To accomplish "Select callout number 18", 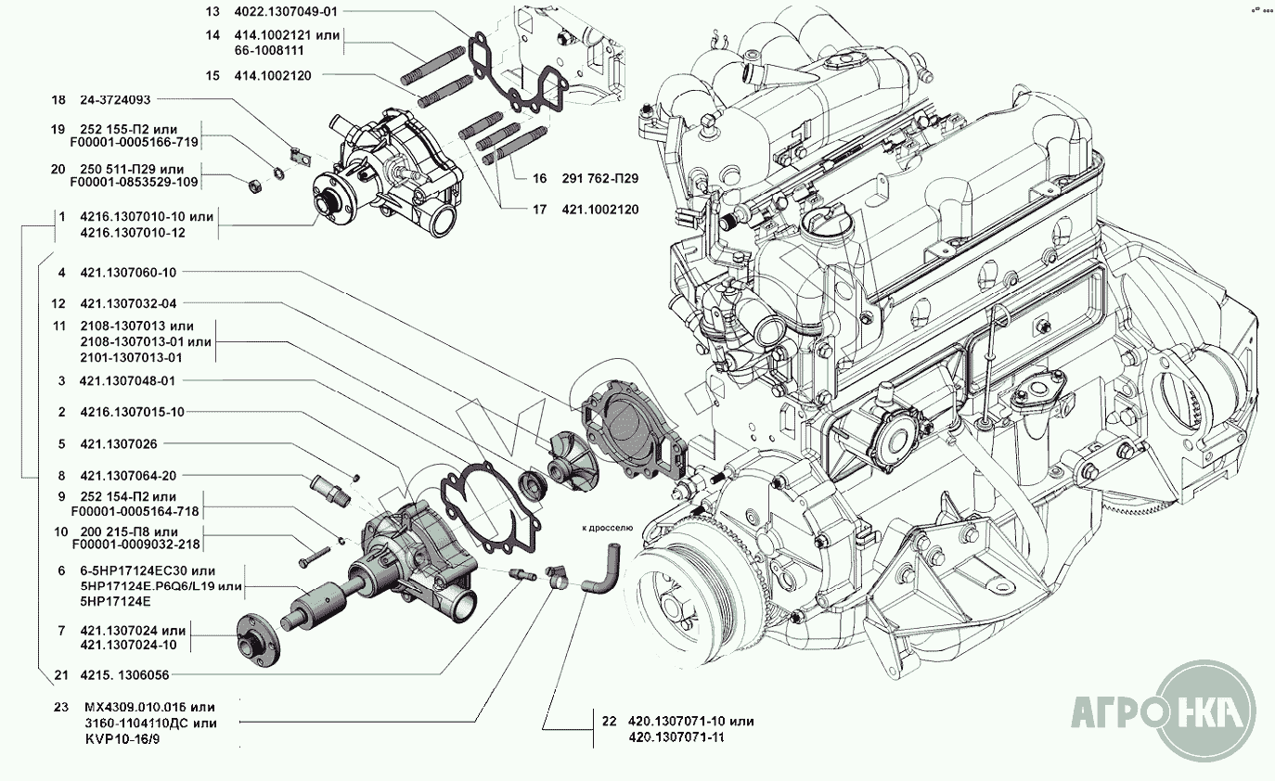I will (59, 98).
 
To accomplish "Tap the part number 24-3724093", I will (115, 98).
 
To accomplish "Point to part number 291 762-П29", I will (600, 177).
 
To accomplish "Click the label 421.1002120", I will (600, 210).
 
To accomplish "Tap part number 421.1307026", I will (118, 443).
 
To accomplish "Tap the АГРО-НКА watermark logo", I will (1164, 711).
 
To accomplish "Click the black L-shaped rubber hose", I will (603, 569).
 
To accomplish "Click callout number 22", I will (609, 721).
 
